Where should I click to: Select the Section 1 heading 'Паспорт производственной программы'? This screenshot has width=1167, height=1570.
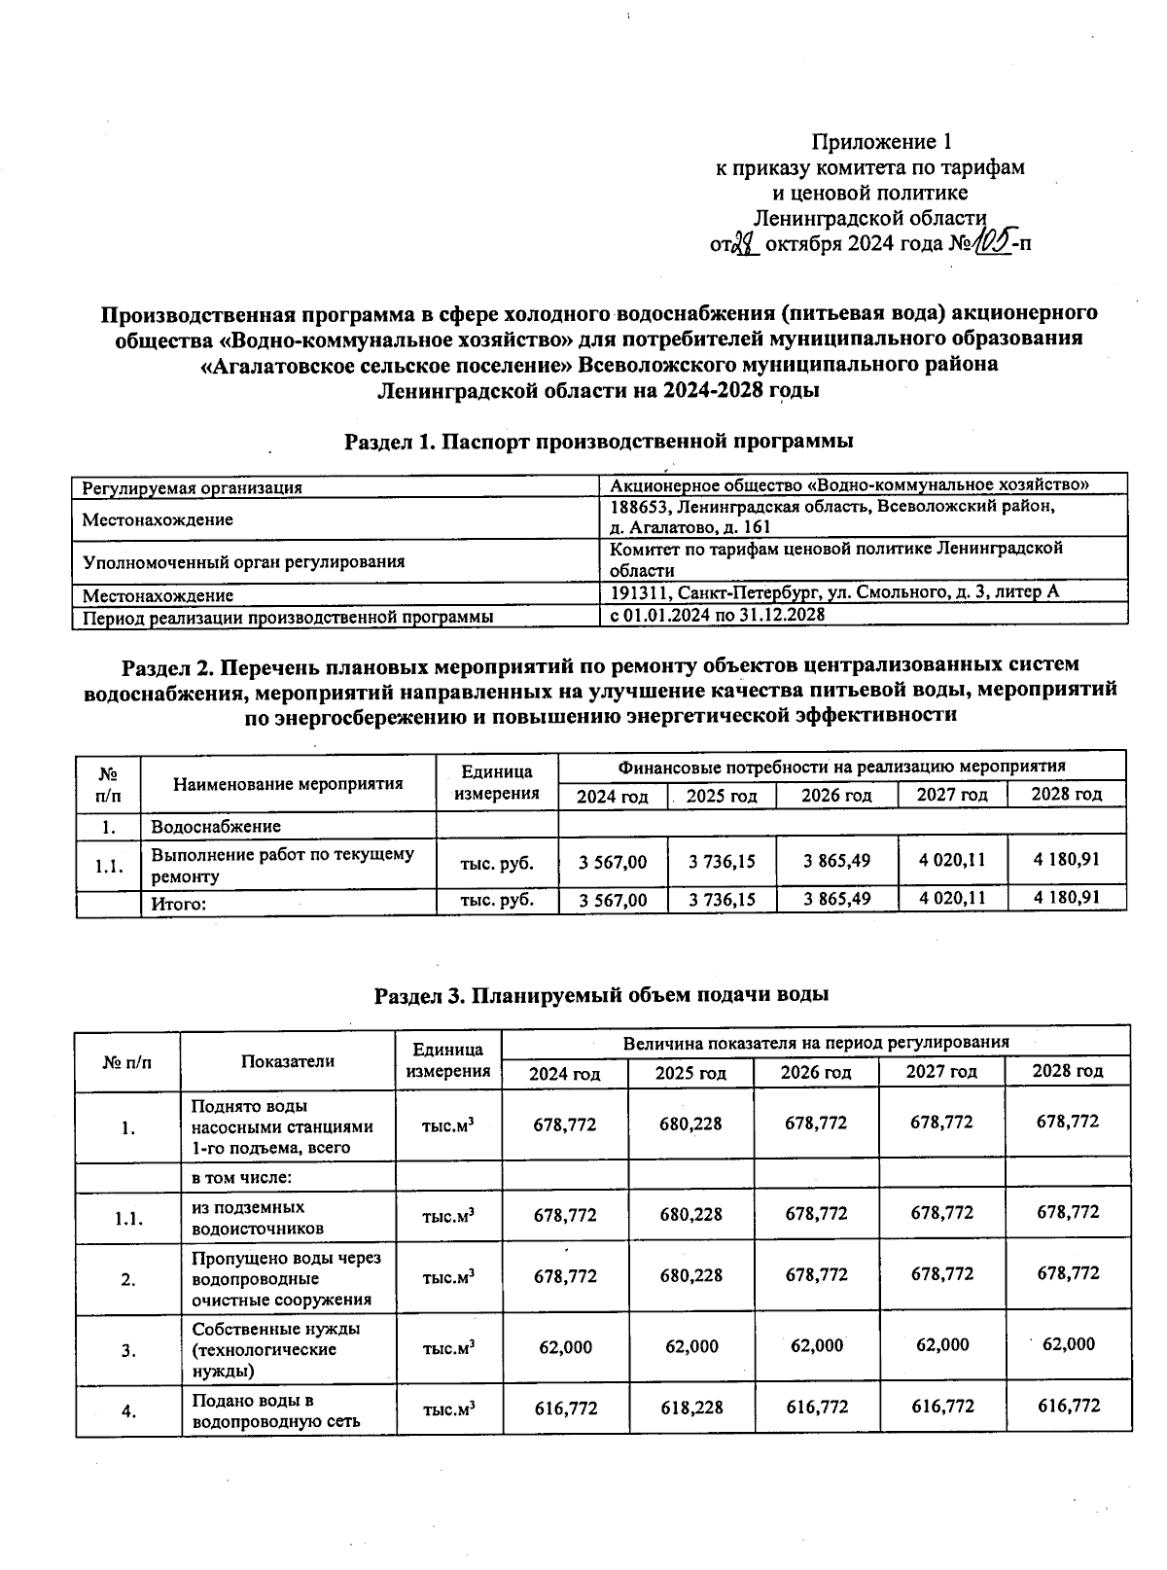(599, 442)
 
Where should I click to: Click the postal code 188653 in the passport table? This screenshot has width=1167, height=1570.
(639, 508)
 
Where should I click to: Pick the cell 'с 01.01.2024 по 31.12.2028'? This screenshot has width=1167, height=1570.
(717, 615)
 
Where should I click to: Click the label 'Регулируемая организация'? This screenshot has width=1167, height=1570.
(193, 487)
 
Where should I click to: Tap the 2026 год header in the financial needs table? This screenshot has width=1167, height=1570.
(836, 796)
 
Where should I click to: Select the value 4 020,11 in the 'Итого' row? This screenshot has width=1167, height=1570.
(952, 898)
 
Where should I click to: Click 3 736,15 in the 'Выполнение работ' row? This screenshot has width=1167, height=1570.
(722, 862)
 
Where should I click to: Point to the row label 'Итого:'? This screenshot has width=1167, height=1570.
(179, 904)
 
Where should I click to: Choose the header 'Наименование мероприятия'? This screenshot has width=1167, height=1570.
(288, 783)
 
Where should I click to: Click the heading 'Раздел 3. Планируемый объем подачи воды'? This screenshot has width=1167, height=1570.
(601, 995)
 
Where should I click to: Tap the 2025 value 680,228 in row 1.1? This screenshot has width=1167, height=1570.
(690, 1213)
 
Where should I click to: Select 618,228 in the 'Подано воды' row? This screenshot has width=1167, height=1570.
(690, 1408)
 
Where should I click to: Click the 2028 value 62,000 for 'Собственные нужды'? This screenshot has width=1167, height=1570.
(1068, 1344)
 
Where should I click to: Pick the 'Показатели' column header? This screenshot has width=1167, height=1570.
(288, 1061)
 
